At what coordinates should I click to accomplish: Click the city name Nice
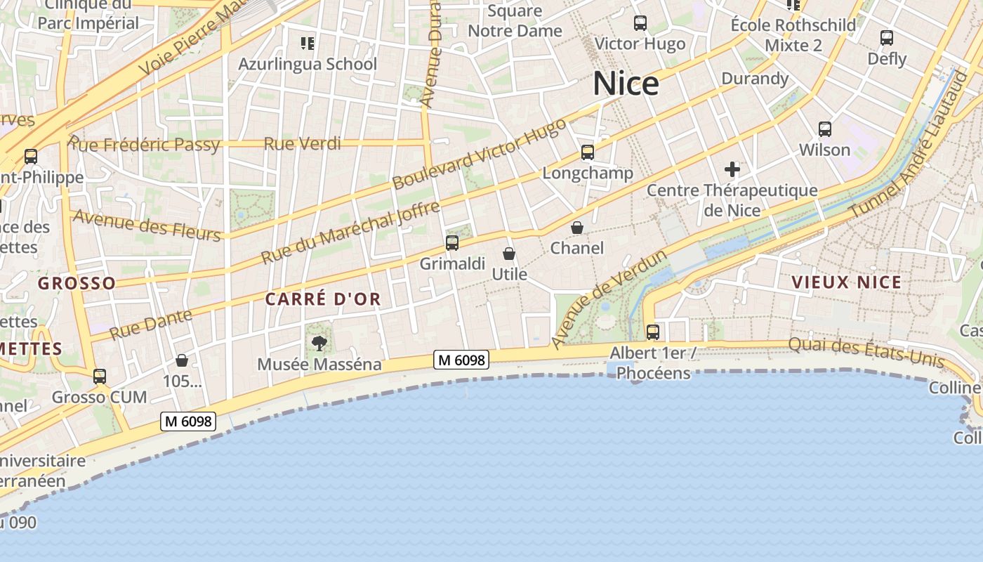coord(626,84)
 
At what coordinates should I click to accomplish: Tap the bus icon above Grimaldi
coord(452,243)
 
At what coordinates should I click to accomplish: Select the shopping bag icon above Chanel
coord(577,228)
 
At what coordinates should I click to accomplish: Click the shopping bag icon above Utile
coord(509,254)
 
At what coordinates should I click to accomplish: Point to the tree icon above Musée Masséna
coord(319,344)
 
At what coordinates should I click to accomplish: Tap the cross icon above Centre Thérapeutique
coord(732,169)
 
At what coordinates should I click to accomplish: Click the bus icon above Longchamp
coord(588,152)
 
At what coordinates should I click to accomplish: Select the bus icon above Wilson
coord(825,129)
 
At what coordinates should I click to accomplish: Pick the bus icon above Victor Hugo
coord(640,23)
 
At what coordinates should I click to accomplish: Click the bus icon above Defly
coord(887,38)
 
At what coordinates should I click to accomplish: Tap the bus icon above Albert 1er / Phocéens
coord(653,332)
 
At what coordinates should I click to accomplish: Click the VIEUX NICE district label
coord(846,282)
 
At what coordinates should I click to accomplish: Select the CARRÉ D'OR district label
coord(323,299)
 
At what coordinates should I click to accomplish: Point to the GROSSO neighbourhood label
coord(77,283)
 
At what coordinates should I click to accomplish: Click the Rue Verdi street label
coord(303,144)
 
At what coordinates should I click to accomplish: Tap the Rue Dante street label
coord(151,324)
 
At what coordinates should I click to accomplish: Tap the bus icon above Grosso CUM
coord(100,377)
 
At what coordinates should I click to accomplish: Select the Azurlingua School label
coord(308,64)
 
